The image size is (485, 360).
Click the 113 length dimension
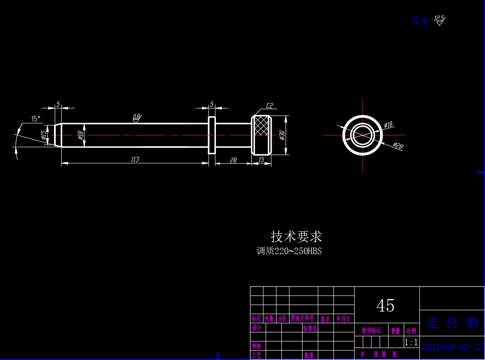pyautogui.click(x=135, y=159)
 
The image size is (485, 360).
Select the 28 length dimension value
pyautogui.click(x=233, y=160)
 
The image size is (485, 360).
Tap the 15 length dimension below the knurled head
pyautogui.click(x=261, y=160)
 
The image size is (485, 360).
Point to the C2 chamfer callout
pyautogui.click(x=269, y=105)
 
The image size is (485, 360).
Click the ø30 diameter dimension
pyautogui.click(x=282, y=135)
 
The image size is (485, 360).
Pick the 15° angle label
pyautogui.click(x=35, y=118)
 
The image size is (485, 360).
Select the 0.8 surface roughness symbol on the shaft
pyautogui.click(x=136, y=117)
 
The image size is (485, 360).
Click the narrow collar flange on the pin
pyautogui.click(x=212, y=135)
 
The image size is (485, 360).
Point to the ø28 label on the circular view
pyautogui.click(x=398, y=146)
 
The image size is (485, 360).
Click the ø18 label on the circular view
pyautogui.click(x=388, y=125)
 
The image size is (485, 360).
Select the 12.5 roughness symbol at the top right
pyautogui.click(x=439, y=20)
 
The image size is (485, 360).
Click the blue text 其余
pyautogui.click(x=419, y=21)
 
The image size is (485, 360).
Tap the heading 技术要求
pyautogui.click(x=296, y=236)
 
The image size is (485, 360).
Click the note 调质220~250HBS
pyautogui.click(x=289, y=251)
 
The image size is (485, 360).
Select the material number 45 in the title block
pyautogui.click(x=385, y=306)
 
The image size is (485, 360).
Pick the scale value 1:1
pyautogui.click(x=411, y=343)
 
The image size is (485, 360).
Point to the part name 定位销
pyautogui.click(x=452, y=322)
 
